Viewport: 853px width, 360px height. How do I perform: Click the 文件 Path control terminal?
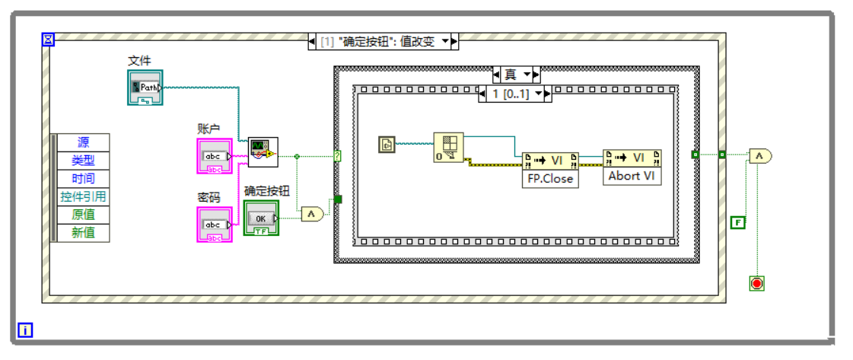click(145, 87)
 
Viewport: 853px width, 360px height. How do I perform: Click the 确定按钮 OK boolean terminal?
click(261, 218)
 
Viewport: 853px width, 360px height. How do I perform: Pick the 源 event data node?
click(83, 142)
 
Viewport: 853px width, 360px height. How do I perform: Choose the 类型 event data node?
click(83, 161)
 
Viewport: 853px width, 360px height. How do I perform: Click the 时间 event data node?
click(83, 179)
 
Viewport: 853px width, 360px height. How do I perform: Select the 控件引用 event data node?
click(83, 197)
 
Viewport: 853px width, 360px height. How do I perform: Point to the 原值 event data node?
click(83, 215)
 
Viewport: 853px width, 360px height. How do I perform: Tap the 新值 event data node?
click(83, 233)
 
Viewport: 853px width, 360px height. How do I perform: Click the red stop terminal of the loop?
click(756, 283)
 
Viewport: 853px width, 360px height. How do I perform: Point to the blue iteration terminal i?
click(26, 330)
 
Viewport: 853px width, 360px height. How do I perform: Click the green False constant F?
click(737, 222)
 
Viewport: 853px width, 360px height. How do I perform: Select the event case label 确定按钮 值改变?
click(383, 42)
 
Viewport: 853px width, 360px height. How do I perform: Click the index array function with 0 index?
click(448, 148)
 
